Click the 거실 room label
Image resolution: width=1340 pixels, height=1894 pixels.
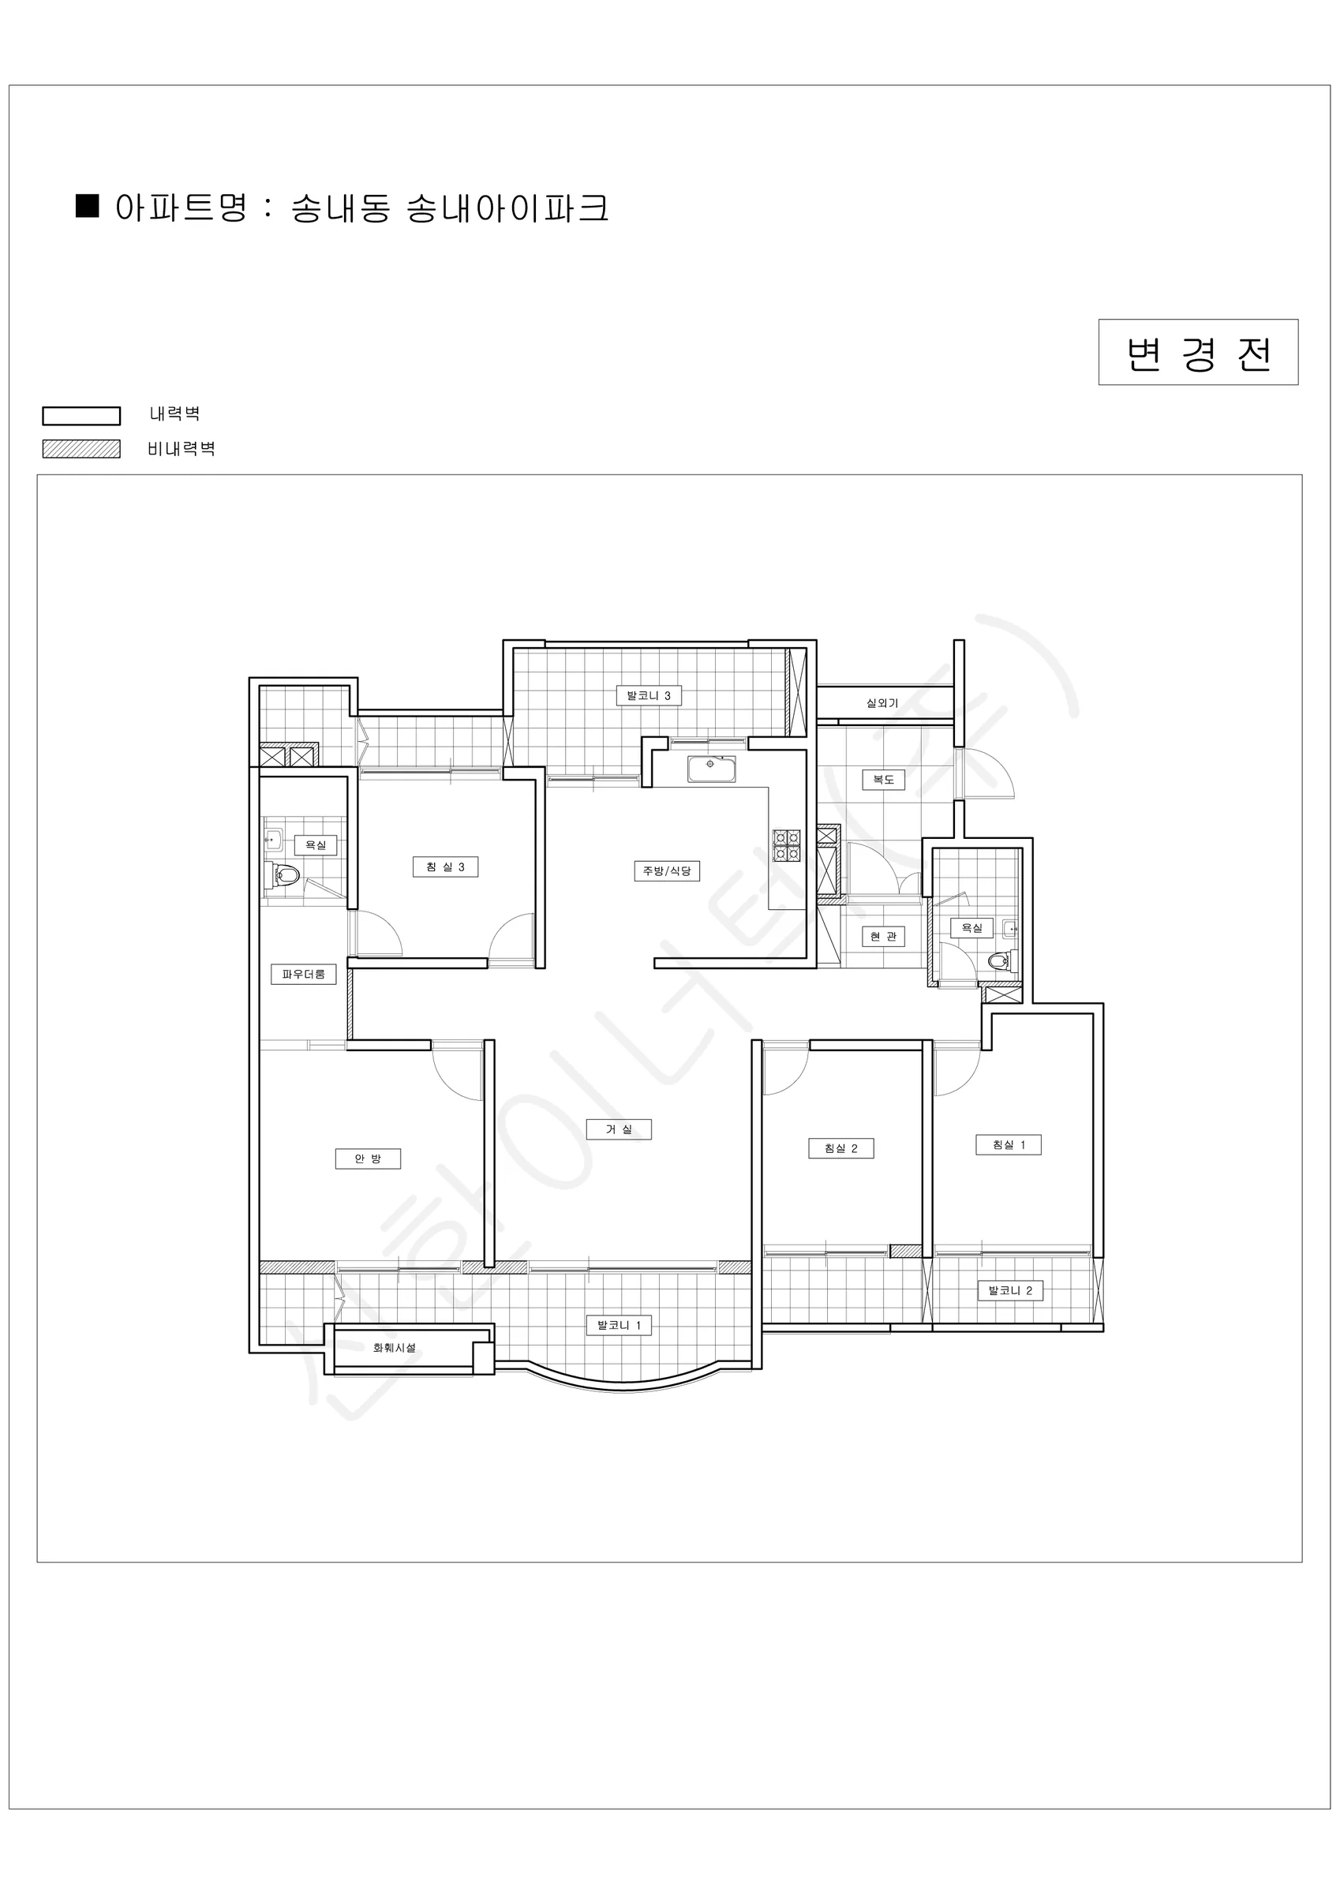tap(619, 1129)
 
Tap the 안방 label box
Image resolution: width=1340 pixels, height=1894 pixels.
tap(368, 1159)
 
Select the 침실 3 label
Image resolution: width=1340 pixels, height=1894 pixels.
tap(446, 867)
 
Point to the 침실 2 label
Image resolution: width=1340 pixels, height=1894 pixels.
tap(840, 1148)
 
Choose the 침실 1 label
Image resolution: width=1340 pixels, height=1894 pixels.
tap(1009, 1145)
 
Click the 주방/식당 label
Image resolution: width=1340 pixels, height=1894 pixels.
tap(667, 871)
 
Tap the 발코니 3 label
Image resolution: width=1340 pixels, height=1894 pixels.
tap(649, 696)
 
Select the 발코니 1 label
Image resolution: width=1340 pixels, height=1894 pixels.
tap(619, 1326)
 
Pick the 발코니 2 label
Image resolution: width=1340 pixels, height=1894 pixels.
tap(1010, 1291)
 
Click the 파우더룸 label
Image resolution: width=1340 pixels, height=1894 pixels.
tap(304, 974)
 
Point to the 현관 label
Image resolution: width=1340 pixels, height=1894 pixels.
tap(883, 937)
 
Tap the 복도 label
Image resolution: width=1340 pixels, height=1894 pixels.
tap(884, 780)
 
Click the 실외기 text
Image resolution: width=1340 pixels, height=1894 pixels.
tap(882, 703)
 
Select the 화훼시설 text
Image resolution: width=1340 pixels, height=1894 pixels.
tap(395, 1348)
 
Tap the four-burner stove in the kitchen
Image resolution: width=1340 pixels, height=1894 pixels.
tap(786, 845)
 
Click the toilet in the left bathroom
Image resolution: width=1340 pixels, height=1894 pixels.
tap(283, 875)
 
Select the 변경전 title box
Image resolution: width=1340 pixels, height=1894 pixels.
tap(1198, 352)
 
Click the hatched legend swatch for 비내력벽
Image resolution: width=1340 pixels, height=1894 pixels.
tap(82, 449)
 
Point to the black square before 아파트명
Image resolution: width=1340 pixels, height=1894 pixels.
tap(88, 205)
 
